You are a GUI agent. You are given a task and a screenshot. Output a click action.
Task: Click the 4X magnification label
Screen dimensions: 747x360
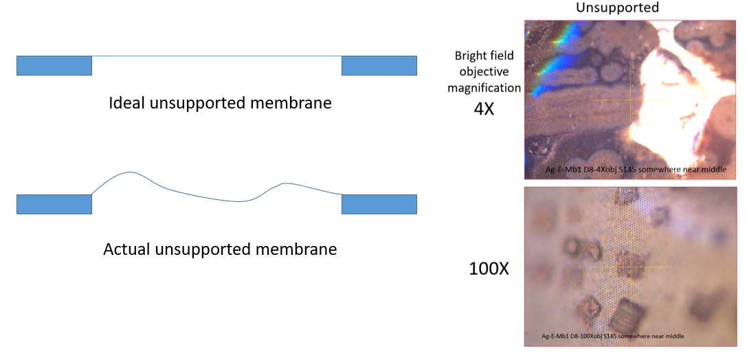click(x=484, y=109)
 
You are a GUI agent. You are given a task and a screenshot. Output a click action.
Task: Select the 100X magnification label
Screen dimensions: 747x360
click(x=489, y=269)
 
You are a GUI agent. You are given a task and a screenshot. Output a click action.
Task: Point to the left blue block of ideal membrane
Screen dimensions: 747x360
click(x=54, y=66)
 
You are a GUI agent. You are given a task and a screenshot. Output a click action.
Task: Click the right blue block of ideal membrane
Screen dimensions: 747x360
click(x=380, y=66)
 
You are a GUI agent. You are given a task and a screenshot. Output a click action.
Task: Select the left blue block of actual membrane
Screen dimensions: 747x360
click(x=54, y=204)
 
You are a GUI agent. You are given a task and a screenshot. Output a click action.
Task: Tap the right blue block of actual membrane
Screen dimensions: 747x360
click(x=380, y=204)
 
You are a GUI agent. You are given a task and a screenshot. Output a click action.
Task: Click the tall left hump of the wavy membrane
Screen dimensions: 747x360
click(x=130, y=172)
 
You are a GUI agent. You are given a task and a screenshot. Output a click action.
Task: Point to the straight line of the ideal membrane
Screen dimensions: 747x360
click(x=216, y=56)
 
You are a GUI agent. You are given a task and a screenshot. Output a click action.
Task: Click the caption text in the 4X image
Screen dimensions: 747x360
click(x=638, y=170)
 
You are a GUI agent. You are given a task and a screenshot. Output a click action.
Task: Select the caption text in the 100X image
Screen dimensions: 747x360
click(x=614, y=336)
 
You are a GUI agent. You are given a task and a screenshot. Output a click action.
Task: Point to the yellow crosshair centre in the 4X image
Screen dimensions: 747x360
click(x=630, y=100)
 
